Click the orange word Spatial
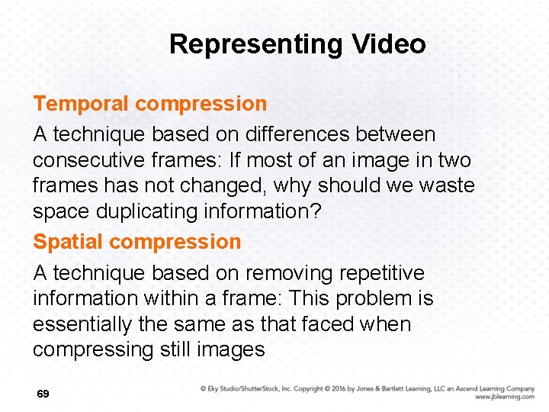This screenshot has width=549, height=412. [68, 242]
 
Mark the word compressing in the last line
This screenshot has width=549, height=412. [91, 350]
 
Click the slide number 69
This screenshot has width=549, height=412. [43, 394]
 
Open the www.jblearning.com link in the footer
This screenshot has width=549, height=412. [504, 397]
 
